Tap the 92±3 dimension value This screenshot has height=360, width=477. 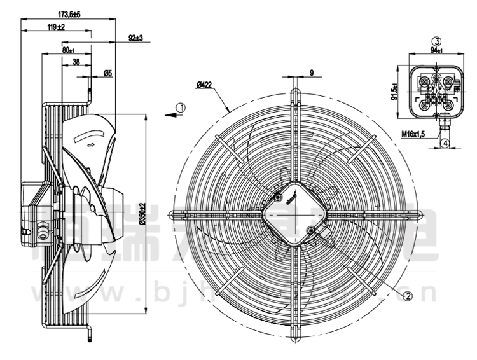135,38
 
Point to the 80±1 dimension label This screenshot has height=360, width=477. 68,49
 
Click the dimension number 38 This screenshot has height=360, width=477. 76,62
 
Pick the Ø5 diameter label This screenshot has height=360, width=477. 107,74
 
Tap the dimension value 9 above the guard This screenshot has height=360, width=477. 312,73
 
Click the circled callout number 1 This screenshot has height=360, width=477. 181,107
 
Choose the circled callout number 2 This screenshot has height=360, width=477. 408,294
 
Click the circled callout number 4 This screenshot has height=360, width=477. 446,143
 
